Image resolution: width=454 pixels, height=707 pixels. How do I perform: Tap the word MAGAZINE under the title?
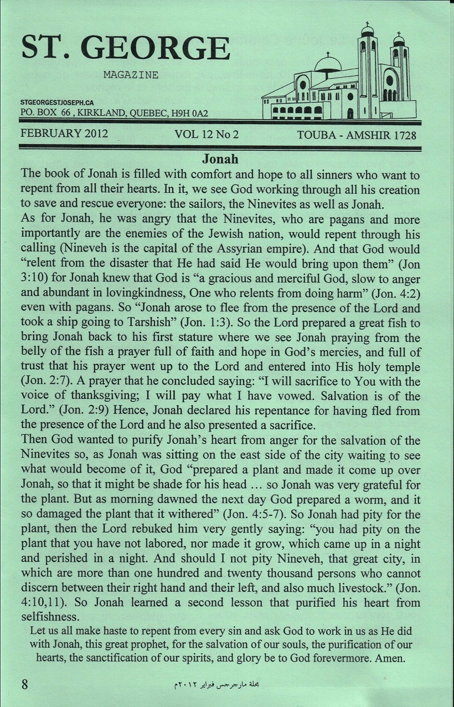[131, 75]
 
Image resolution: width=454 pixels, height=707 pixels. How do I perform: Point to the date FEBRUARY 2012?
[64, 134]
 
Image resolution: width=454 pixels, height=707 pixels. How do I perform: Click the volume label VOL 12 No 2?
[206, 135]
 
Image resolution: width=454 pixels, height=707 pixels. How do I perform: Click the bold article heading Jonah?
[220, 159]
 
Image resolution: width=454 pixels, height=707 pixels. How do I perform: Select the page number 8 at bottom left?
[24, 683]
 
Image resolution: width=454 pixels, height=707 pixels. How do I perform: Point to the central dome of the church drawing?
[328, 64]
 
